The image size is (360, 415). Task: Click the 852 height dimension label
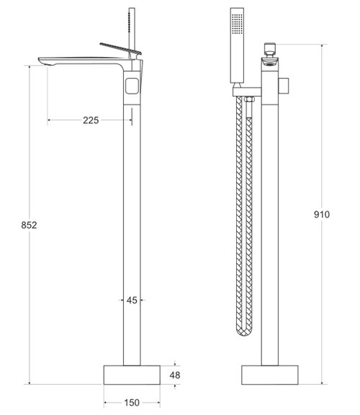29,225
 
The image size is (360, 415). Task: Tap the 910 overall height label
322,215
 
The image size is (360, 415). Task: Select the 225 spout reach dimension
91,120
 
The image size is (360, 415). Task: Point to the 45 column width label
132,300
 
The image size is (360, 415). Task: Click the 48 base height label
175,375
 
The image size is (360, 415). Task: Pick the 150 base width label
132,403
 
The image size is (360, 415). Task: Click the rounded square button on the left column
132,86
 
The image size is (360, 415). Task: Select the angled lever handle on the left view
121,49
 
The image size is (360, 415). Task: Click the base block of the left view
132,375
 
